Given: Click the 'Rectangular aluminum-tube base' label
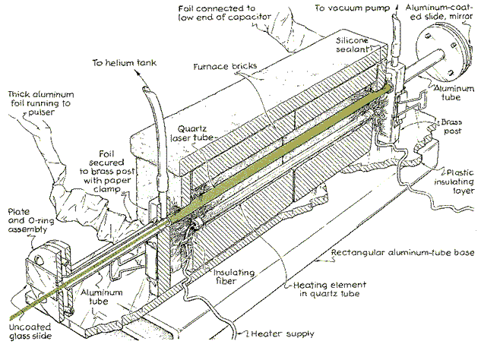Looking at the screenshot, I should click(x=395, y=253).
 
